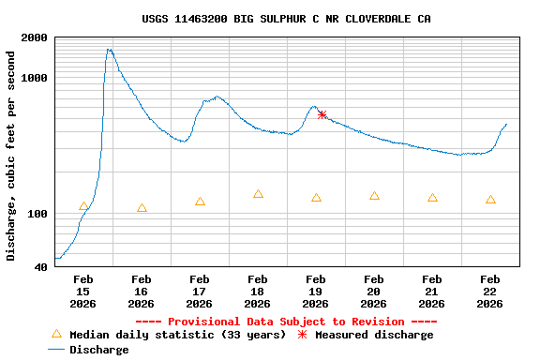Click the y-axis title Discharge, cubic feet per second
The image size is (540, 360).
click(x=11, y=154)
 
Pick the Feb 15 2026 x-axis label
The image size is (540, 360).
click(x=82, y=291)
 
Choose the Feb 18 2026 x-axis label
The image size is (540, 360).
click(x=257, y=291)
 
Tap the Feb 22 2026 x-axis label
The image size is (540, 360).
click(x=489, y=291)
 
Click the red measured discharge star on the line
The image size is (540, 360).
click(x=322, y=114)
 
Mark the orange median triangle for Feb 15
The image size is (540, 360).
click(x=83, y=206)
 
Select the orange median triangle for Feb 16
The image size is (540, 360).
click(x=142, y=208)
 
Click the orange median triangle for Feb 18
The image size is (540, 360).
click(x=258, y=194)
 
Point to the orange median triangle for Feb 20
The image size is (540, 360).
click(x=374, y=196)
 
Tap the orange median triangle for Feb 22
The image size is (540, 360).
click(x=490, y=200)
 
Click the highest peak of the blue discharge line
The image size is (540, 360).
click(x=110, y=50)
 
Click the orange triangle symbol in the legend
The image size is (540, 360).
click(x=56, y=334)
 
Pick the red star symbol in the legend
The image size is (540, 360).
click(x=302, y=335)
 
